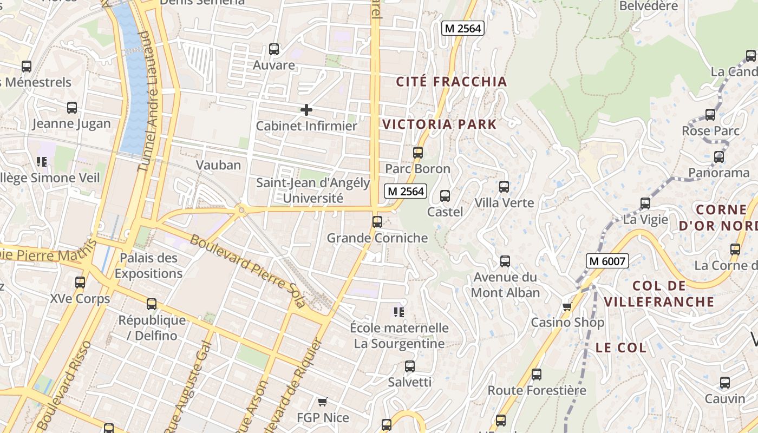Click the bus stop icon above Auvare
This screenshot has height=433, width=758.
point(274,49)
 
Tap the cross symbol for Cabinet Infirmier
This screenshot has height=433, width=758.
point(306,110)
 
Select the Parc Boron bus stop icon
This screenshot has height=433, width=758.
point(417,153)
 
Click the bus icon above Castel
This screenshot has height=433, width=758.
point(445,195)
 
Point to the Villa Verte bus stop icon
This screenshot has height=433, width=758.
point(504,187)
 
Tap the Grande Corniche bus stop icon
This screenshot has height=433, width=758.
point(377,221)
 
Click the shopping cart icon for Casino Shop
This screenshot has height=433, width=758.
point(567,307)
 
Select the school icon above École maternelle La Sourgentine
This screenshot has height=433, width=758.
point(399,312)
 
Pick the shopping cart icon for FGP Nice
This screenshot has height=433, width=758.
point(323,402)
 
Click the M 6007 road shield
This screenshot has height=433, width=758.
point(607,261)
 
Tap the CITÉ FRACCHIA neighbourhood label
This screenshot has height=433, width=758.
point(452,82)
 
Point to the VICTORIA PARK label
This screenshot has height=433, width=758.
point(439,124)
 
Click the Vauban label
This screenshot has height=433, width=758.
point(218,165)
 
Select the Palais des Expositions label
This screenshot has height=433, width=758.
point(148,265)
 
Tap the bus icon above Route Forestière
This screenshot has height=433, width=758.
point(536,374)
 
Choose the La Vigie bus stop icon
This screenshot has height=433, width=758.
point(645,204)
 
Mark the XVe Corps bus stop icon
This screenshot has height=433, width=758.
point(80,282)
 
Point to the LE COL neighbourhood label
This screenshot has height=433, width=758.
point(621,347)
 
